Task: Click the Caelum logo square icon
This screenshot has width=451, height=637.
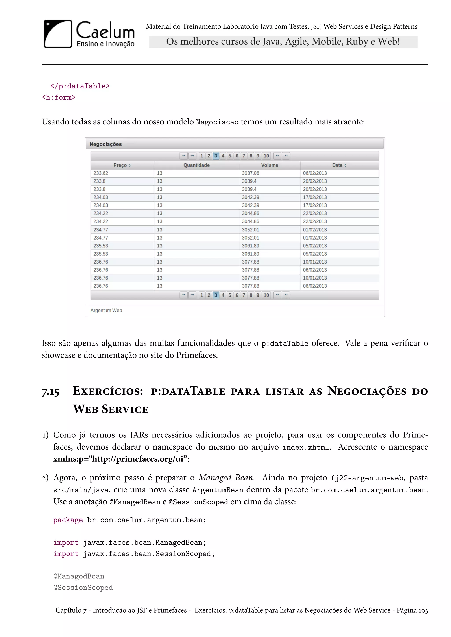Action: point(58,34)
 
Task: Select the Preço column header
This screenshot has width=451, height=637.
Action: point(122,165)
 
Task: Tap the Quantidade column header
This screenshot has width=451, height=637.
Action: point(196,165)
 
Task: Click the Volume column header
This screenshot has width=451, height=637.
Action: point(269,165)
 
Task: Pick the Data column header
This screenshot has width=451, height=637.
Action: point(339,165)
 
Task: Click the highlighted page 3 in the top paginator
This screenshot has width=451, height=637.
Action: point(216,156)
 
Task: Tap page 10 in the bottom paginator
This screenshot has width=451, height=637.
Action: point(266,295)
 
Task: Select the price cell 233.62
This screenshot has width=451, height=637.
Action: point(101,173)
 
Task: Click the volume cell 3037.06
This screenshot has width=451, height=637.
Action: point(250,173)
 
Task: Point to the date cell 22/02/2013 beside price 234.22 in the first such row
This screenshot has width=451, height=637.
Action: point(315,213)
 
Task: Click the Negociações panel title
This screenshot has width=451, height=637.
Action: point(105,144)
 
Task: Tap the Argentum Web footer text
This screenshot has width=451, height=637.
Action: point(106,310)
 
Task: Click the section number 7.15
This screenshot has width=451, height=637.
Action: point(51,392)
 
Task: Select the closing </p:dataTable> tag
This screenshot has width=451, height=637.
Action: point(80,86)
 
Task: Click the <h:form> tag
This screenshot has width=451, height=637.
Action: point(59,98)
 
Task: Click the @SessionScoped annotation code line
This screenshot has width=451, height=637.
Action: point(83,588)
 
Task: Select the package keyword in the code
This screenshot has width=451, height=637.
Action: point(68,520)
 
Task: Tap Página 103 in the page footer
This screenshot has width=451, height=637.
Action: point(412,610)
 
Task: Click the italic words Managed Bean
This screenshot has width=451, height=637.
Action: point(225,478)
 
